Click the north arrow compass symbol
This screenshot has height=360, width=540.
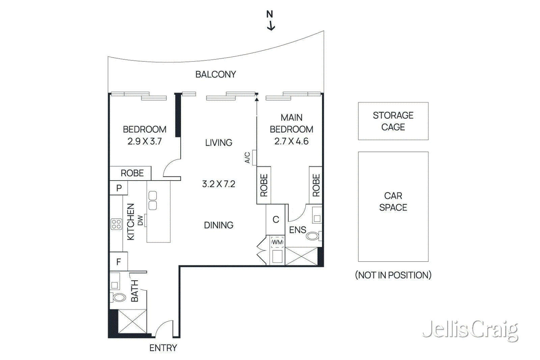coord(270,21)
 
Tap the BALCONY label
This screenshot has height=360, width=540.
coord(216,75)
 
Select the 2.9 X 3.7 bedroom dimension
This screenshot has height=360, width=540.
coord(144,141)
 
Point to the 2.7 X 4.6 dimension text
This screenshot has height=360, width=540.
coord(291,141)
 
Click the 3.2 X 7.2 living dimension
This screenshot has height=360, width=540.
coord(219,184)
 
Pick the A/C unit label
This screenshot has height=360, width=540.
coord(248,158)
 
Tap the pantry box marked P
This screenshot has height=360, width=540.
coord(119,188)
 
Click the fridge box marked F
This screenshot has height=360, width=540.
coord(118,261)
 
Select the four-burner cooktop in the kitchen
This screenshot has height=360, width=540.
coord(116,224)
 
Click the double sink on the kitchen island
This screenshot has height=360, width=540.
coord(153,201)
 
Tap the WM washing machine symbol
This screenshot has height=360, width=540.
coord(277,242)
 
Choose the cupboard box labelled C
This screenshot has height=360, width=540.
coord(276,220)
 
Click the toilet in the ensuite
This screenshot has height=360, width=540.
coord(313,236)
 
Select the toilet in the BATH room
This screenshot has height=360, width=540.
coord(119,298)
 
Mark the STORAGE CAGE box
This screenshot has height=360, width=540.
coord(393,121)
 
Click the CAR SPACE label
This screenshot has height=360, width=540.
coord(393,202)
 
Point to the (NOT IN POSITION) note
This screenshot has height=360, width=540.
coord(393,275)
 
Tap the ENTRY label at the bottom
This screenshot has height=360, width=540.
coord(163,348)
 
